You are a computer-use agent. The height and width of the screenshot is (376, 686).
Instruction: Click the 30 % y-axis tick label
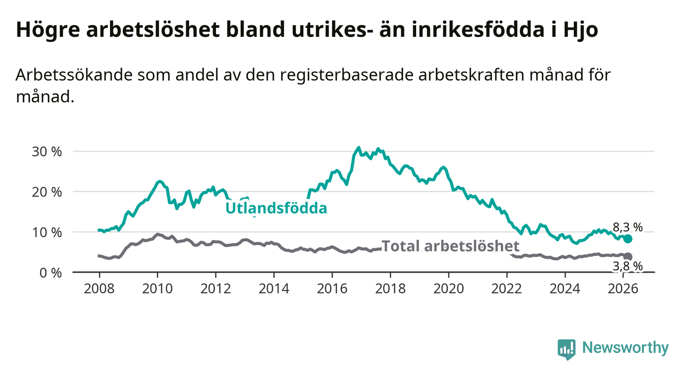(47, 152)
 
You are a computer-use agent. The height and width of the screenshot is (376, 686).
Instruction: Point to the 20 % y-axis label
(47, 192)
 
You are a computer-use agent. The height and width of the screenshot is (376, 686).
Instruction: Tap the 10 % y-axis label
(47, 232)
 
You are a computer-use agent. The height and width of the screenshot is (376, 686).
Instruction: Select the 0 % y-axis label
(50, 273)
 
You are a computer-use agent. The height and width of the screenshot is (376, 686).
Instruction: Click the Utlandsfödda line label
(276, 208)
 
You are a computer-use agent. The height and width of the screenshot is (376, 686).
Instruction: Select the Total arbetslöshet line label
(451, 246)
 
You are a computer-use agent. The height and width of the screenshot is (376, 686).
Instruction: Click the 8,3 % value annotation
(628, 227)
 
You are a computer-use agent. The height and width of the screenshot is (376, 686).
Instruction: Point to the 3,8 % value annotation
(628, 266)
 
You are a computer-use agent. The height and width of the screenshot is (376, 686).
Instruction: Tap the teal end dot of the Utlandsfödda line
(628, 239)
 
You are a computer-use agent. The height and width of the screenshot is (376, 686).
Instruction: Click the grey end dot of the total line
(628, 256)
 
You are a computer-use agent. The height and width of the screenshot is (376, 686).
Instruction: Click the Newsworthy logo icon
(566, 349)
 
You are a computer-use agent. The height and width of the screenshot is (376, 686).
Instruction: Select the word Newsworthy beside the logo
(625, 348)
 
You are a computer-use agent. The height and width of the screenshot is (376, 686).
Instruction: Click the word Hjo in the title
(581, 30)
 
